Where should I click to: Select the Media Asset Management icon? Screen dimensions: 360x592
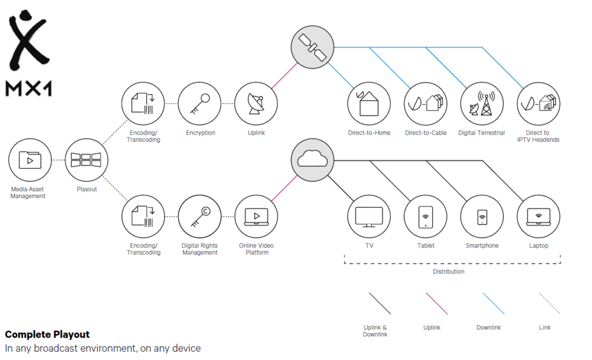(30, 159)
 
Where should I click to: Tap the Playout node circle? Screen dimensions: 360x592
(86, 159)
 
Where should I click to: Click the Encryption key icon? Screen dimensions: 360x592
(199, 104)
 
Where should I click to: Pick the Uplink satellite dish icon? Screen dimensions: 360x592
(256, 104)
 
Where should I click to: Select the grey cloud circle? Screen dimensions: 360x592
(312, 159)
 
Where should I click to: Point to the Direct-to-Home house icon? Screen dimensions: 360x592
(369, 104)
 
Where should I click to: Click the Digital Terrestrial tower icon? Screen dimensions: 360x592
(482, 104)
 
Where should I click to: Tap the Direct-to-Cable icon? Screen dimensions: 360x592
(425, 104)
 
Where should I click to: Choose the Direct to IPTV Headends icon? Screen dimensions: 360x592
(538, 104)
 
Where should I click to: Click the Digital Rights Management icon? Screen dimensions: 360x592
(199, 217)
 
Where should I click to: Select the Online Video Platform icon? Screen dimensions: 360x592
(256, 217)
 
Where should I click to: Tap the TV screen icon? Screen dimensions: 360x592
(369, 217)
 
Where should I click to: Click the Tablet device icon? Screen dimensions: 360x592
(425, 217)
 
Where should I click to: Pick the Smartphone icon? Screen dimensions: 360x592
(482, 217)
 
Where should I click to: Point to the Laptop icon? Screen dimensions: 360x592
(538, 217)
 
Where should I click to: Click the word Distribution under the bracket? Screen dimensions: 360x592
(448, 271)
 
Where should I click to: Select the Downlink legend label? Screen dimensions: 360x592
(489, 328)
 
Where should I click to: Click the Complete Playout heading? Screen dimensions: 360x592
(47, 335)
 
